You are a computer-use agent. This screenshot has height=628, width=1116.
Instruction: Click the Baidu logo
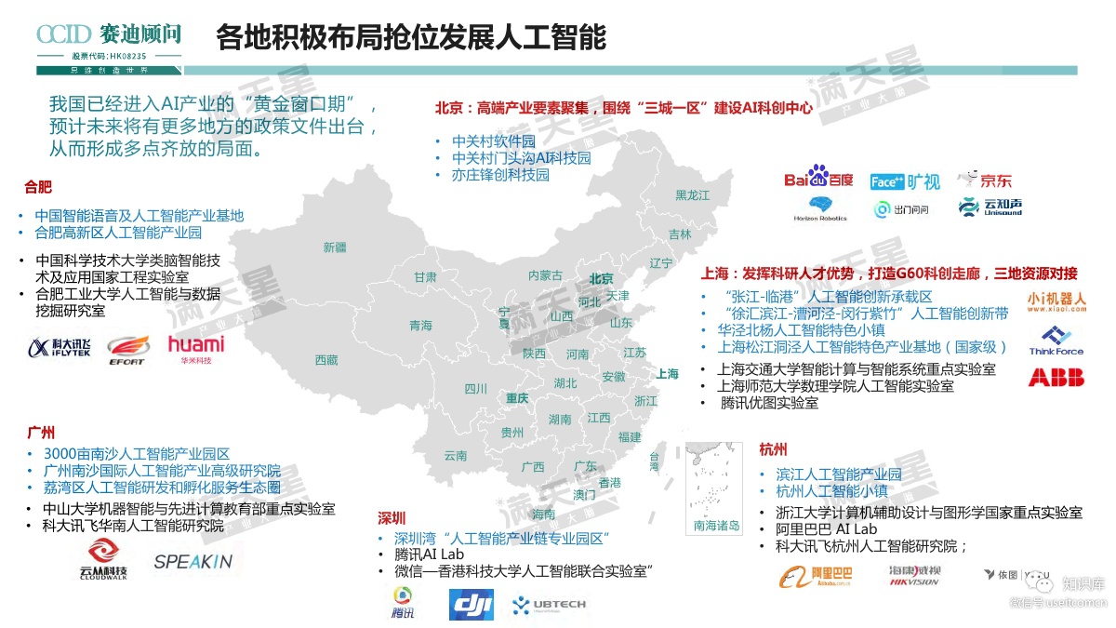click(x=818, y=178)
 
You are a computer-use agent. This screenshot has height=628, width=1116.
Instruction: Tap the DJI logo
click(x=472, y=605)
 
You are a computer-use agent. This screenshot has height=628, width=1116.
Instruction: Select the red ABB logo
click(x=1056, y=377)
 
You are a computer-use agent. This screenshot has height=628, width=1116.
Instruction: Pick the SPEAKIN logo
click(x=193, y=562)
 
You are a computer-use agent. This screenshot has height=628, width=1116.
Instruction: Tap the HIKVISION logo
click(x=913, y=576)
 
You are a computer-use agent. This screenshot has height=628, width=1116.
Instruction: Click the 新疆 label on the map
click(x=335, y=247)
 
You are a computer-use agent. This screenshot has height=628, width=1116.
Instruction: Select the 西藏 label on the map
click(x=326, y=359)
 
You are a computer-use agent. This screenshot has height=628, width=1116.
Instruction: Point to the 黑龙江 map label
click(x=692, y=195)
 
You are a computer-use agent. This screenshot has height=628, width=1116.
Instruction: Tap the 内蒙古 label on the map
click(x=545, y=275)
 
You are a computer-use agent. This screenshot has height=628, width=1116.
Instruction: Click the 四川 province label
click(x=476, y=389)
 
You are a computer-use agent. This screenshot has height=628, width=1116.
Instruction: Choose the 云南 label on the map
click(x=455, y=456)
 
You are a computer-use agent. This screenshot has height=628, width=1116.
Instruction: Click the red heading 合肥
click(x=39, y=187)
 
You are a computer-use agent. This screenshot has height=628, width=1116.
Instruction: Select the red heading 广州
click(x=41, y=433)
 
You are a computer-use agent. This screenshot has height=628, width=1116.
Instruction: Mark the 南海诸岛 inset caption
click(x=716, y=526)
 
